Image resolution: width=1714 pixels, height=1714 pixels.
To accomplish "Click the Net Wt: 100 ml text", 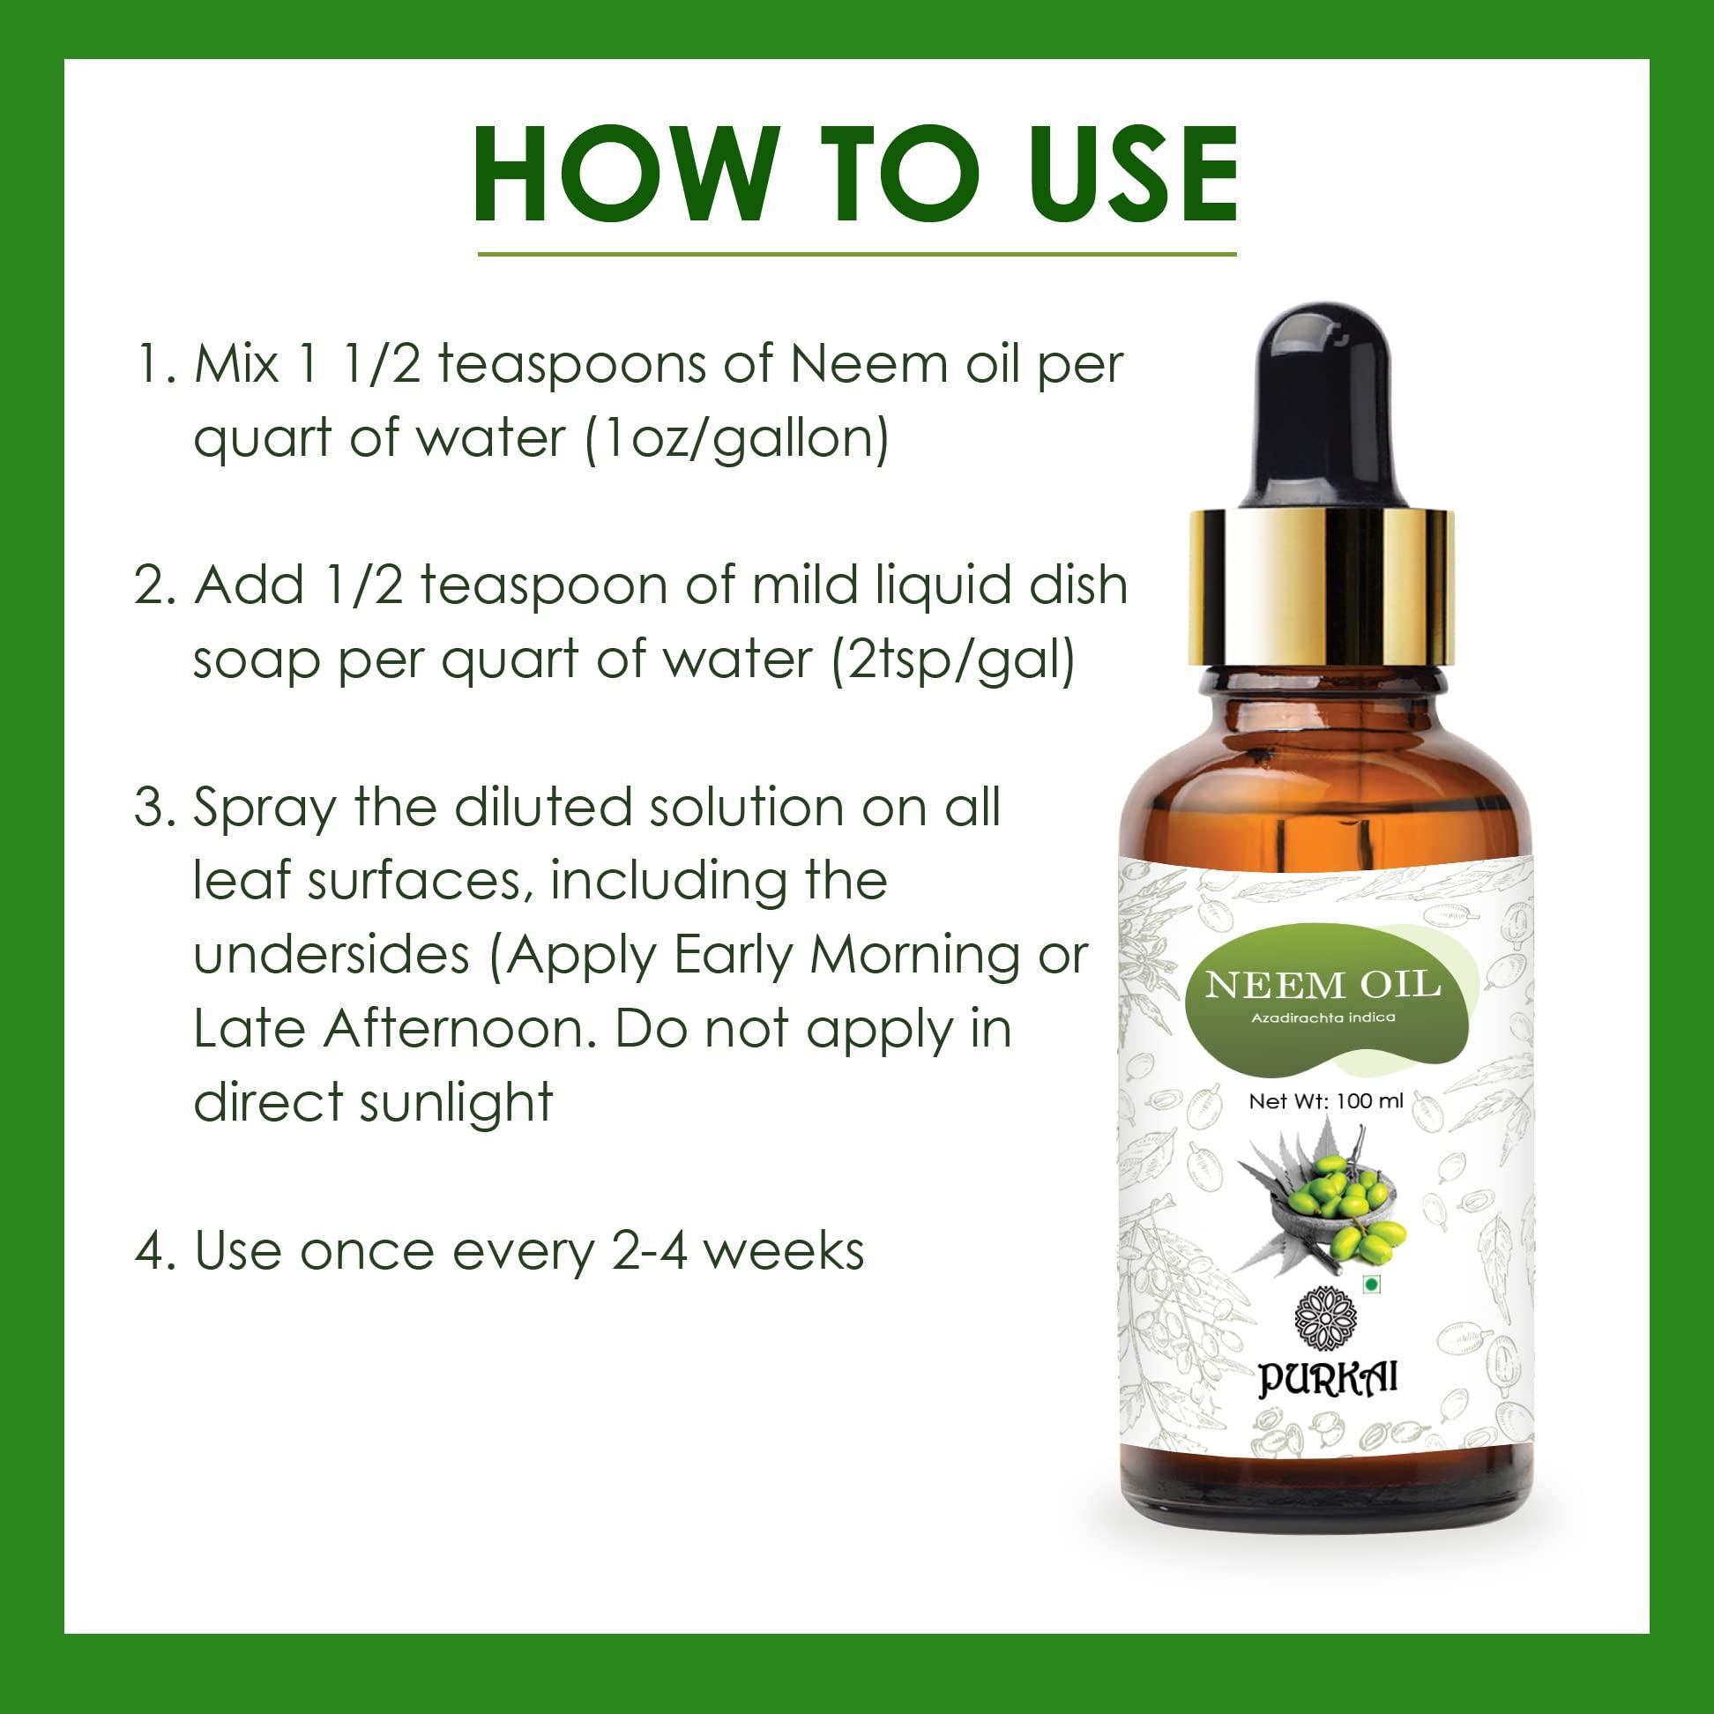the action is coord(1325,1101).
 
